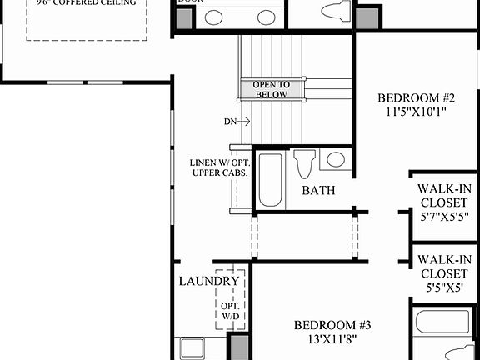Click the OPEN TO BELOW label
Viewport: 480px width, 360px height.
(x=272, y=89)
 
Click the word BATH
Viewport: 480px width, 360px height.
(x=318, y=191)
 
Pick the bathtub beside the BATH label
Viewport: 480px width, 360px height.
(x=269, y=180)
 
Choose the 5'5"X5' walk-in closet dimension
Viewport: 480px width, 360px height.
(x=444, y=289)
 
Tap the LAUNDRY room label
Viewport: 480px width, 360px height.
(x=209, y=282)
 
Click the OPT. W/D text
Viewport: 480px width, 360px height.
(x=230, y=311)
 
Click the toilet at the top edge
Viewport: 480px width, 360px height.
(x=336, y=12)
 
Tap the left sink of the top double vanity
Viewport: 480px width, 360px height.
(x=214, y=17)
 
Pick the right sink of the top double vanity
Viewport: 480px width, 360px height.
(x=266, y=17)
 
